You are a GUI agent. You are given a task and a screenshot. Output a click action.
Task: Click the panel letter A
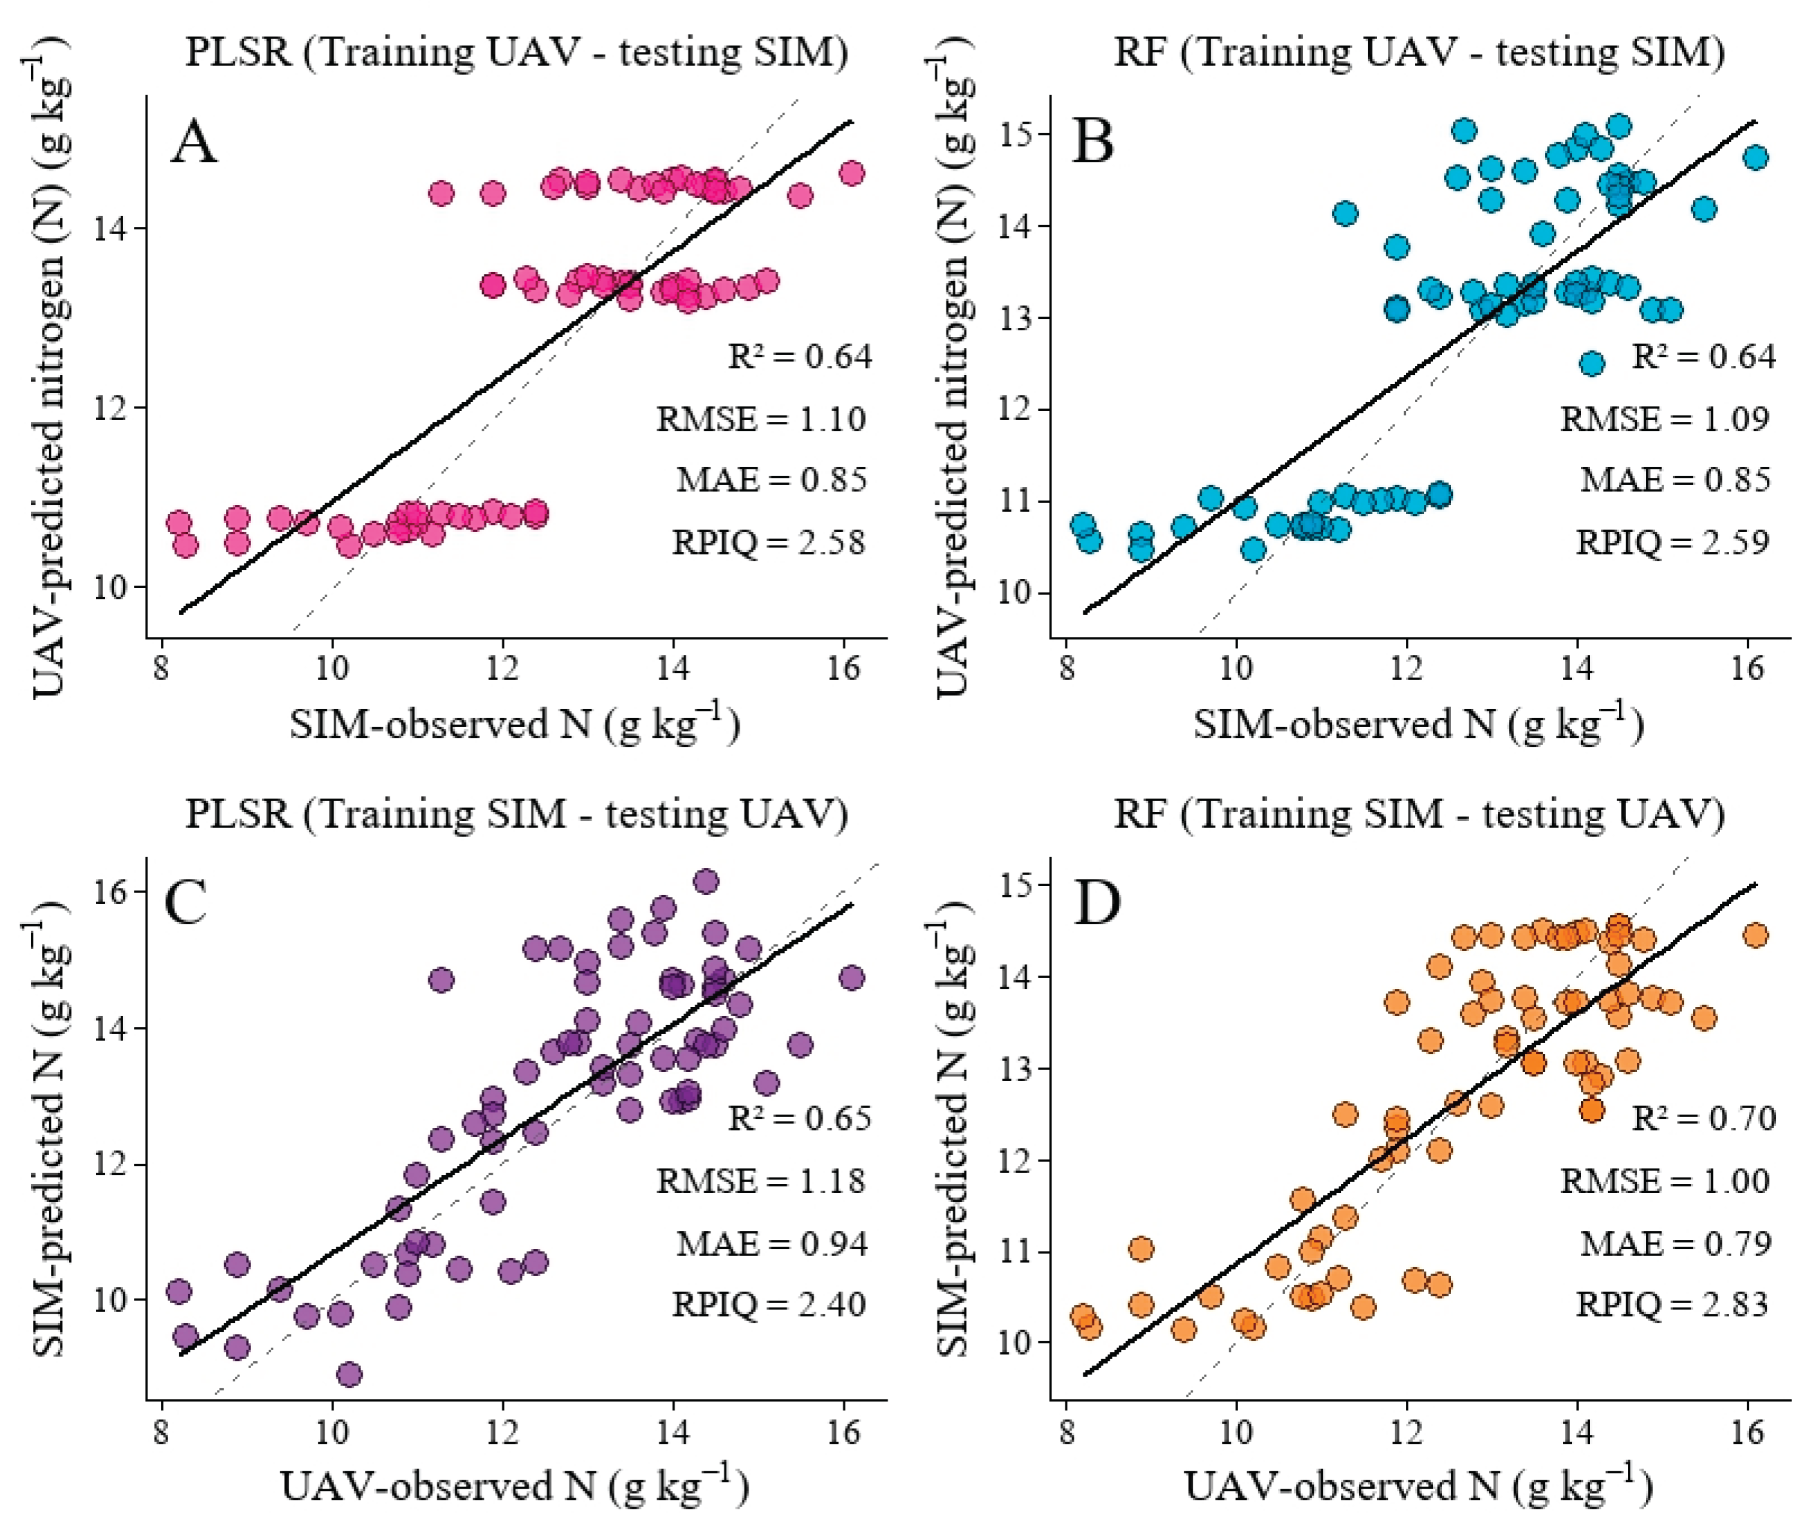[x=194, y=141]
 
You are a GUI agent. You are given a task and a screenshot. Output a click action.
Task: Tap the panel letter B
[x=1093, y=141]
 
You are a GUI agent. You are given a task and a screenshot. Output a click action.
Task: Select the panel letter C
[x=185, y=903]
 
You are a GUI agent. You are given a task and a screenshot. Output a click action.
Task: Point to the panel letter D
[x=1097, y=903]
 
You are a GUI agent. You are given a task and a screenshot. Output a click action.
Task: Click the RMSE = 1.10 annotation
[x=761, y=419]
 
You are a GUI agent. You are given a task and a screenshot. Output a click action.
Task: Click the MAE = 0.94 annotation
[x=772, y=1244]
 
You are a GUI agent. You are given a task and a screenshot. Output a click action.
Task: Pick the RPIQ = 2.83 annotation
[x=1672, y=1305]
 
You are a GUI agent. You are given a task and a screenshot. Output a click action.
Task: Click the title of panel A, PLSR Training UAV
[x=517, y=52]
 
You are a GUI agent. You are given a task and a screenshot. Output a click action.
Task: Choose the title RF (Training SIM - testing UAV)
[x=1420, y=814]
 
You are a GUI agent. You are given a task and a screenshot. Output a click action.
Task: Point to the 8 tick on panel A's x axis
[x=161, y=669]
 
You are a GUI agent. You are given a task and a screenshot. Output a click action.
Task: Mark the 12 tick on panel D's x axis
[x=1406, y=1431]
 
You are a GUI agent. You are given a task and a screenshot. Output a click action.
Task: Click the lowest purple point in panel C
[x=349, y=1375]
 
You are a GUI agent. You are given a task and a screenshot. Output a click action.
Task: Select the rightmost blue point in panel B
[x=1755, y=157]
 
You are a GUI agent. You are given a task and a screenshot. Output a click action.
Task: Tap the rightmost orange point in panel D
[x=1755, y=935]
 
